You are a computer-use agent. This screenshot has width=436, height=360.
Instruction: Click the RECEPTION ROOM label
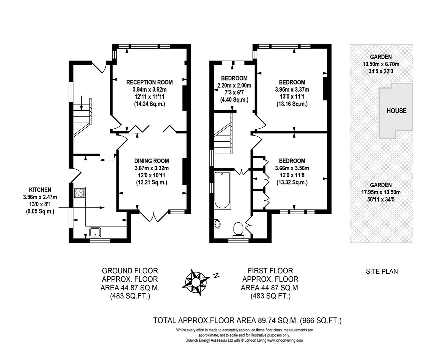tap(150, 82)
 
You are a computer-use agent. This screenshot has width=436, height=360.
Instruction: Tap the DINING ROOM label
tap(152, 161)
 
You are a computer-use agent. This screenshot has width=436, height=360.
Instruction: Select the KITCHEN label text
tap(40, 190)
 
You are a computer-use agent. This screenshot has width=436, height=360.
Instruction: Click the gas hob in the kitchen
tap(80, 193)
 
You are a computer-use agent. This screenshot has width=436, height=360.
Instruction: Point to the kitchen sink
tap(95, 232)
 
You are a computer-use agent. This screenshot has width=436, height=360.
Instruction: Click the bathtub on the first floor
tap(222, 190)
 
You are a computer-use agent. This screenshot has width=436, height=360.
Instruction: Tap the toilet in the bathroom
tap(238, 230)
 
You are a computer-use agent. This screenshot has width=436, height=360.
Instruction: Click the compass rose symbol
tap(196, 282)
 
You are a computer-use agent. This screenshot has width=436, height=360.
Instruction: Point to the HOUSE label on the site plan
tap(397, 111)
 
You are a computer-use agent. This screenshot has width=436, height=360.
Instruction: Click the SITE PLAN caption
tap(382, 271)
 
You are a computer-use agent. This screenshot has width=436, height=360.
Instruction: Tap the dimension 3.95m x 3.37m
tap(292, 90)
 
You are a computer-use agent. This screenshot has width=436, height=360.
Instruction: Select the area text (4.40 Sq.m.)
tap(234, 100)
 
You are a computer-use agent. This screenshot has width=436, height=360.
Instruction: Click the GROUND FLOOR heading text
tap(130, 271)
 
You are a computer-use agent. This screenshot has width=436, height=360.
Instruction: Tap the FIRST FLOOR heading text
tap(270, 271)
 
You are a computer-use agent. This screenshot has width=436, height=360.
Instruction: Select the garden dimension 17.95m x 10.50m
tap(381, 192)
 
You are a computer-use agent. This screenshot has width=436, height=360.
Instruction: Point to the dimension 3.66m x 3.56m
tap(292, 168)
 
